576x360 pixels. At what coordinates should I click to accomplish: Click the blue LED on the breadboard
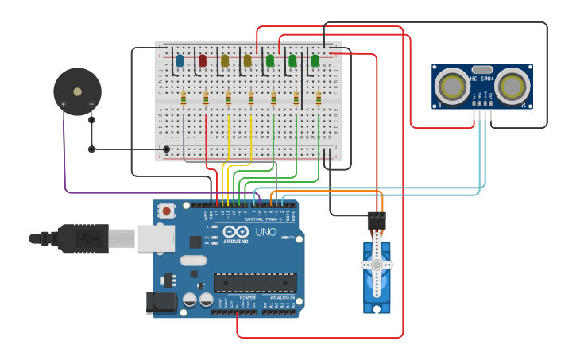pos(180,60)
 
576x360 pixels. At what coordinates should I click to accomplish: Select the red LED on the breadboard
pos(202,60)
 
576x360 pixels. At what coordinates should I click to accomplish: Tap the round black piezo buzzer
pos(77,91)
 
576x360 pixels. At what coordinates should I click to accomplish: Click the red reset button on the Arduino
pos(167,211)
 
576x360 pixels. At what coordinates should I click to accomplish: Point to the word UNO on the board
pos(265,233)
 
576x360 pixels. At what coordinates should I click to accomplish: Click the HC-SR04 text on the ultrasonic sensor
pos(482,79)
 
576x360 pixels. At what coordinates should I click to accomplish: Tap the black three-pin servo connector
pos(377,220)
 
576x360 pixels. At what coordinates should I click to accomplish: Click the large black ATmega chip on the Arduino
pos(255,282)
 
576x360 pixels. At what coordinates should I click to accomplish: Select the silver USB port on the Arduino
pos(156,238)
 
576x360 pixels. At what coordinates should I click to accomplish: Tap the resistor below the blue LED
pos(184,99)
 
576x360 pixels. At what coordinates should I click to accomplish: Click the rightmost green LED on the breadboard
pos(315,60)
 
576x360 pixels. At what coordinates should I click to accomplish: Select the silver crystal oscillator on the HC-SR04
pos(482,69)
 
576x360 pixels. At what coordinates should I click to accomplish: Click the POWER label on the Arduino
pos(237,297)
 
